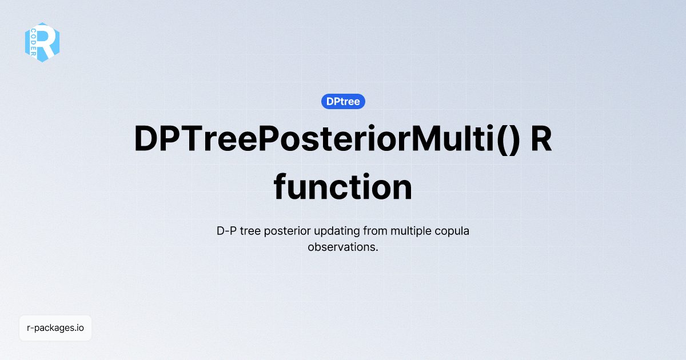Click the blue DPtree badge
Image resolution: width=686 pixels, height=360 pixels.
point(343,102)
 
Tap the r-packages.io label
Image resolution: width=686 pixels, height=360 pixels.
point(55,328)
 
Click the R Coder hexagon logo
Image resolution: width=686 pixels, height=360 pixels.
point(42,42)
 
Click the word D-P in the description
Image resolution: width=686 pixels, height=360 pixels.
point(228,231)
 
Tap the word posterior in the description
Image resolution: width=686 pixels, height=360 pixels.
point(295,231)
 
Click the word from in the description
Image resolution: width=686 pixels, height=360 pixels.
point(380,231)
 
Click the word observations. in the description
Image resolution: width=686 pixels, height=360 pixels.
point(343,247)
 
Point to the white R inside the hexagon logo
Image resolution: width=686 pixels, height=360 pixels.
point(48,42)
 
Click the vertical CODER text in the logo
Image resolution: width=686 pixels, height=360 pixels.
point(34,42)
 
